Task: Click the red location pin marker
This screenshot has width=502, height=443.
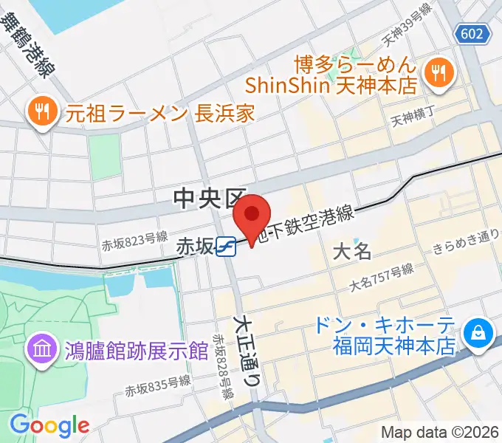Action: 252,216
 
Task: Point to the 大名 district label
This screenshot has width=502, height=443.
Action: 351,251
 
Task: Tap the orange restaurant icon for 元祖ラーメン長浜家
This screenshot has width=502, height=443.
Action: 41,112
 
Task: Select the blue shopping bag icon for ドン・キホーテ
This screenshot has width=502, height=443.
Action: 479,332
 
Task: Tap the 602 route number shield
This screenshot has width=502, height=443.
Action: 470,33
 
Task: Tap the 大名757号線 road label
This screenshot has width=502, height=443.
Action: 382,278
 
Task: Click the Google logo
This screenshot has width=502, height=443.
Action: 49,425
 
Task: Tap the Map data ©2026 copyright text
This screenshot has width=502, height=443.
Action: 440,432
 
